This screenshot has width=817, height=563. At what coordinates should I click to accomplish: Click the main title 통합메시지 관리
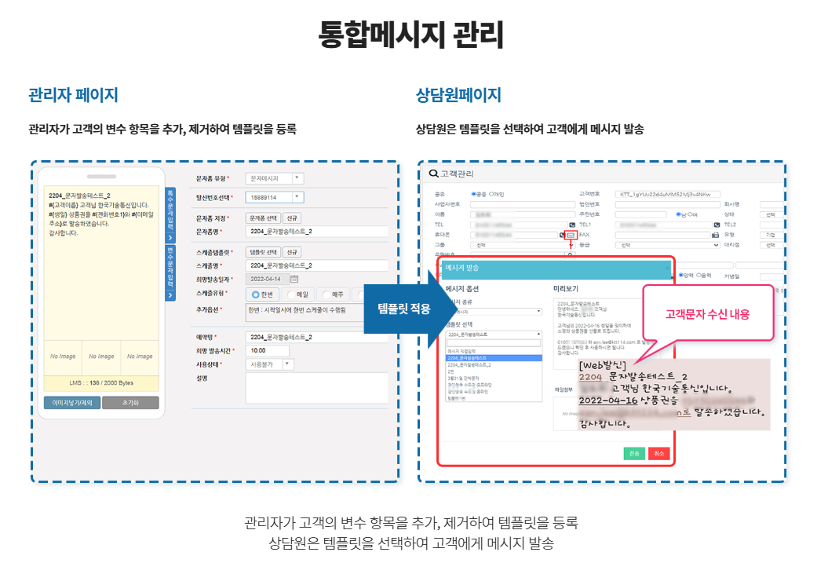(410, 35)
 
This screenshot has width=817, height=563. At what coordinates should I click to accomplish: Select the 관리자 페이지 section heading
(73, 96)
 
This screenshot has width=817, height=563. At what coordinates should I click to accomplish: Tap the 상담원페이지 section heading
(458, 96)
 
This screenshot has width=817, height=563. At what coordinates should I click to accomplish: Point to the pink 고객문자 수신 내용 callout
(707, 314)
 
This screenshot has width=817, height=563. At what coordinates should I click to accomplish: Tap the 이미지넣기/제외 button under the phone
(72, 403)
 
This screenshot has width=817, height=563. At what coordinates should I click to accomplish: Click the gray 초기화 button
(130, 403)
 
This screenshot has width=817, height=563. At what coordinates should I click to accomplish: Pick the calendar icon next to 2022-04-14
(294, 278)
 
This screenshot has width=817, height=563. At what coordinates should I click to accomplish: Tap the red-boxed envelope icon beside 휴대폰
(571, 235)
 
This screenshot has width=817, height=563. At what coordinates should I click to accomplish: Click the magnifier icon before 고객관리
(433, 174)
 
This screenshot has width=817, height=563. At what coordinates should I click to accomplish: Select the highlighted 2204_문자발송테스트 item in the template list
(493, 358)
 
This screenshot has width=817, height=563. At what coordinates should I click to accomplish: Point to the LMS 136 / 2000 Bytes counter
(101, 382)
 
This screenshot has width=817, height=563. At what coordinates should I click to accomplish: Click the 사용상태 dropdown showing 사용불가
(270, 364)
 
